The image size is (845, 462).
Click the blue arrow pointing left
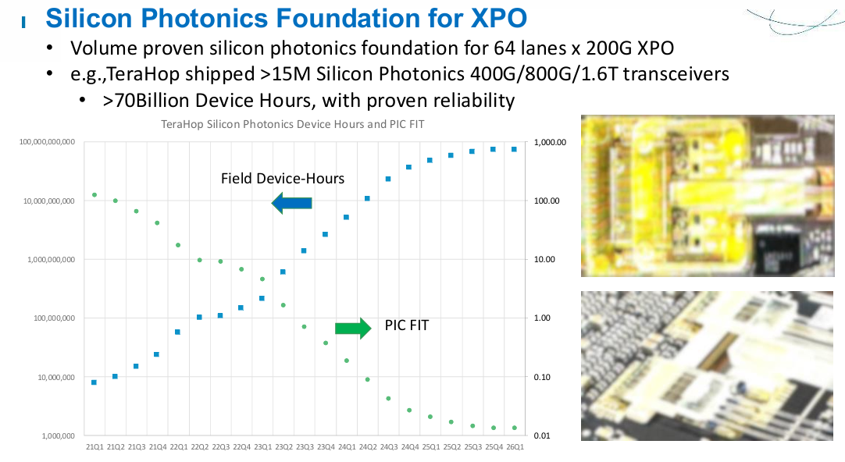pos(291,204)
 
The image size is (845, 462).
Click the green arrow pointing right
pos(353,329)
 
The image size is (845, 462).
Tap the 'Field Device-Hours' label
pos(283,179)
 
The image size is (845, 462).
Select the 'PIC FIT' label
pos(407,325)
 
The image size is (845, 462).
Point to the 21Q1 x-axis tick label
pos(94,446)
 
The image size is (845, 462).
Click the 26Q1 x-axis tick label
pos(514,446)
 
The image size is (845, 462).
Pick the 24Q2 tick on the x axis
pos(367,446)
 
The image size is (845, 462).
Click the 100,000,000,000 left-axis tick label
pos(48,142)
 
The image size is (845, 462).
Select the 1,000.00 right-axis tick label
pos(550,142)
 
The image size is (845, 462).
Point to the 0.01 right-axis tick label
pos(544,435)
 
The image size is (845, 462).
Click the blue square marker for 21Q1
pos(94,382)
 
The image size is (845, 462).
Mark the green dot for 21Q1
pos(94,195)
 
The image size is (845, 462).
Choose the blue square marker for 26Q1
pos(514,149)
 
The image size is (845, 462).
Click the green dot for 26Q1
pos(514,428)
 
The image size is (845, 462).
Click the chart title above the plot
pos(292,124)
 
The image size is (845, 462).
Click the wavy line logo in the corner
pos(793,20)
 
